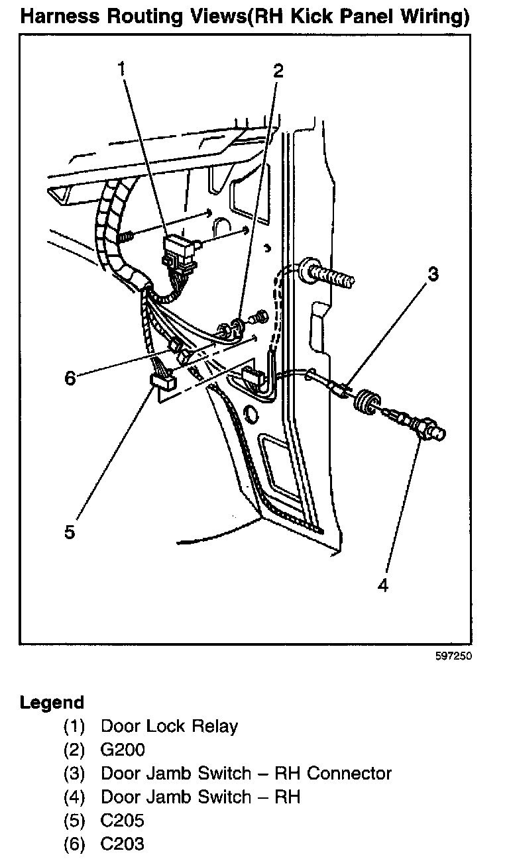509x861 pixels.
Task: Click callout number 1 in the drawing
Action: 121,68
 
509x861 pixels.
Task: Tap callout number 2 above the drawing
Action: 278,70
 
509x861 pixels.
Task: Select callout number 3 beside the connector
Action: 432,274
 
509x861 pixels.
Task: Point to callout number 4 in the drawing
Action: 382,585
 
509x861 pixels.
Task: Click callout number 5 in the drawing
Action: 70,532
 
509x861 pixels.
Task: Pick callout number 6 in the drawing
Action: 70,378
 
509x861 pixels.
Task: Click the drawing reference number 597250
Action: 453,658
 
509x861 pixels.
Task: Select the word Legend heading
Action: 52,702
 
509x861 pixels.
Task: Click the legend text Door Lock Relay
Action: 169,726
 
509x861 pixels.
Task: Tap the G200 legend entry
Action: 123,750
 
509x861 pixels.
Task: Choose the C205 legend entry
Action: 123,821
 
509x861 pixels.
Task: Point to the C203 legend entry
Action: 123,844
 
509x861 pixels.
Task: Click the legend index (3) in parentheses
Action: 75,774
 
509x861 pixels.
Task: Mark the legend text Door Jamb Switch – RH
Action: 200,797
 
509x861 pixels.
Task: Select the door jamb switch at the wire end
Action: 424,427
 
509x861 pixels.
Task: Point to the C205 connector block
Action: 162,380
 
